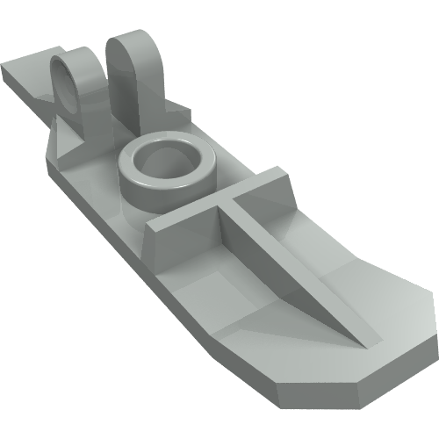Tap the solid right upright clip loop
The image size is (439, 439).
coord(140,75)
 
